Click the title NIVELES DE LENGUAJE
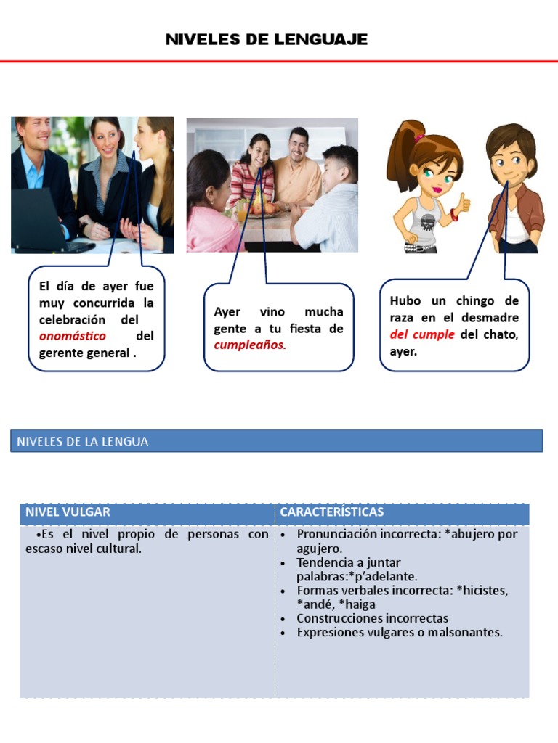(x=267, y=40)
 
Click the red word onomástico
(x=73, y=336)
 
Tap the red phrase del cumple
(x=422, y=334)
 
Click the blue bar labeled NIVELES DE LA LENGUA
(x=276, y=441)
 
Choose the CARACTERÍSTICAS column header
(x=332, y=512)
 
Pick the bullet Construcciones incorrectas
(x=372, y=618)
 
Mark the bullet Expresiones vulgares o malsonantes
(x=399, y=632)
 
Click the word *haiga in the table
(x=357, y=604)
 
